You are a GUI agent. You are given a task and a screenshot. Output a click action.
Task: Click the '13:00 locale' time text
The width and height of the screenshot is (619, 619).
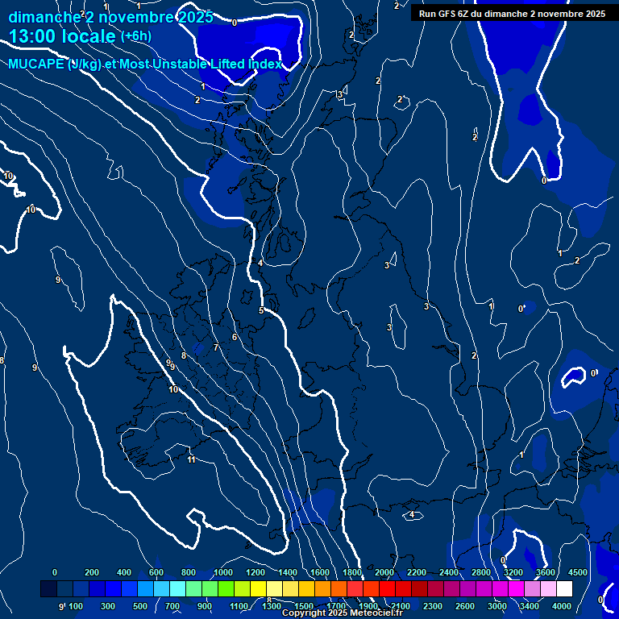[x=62, y=35]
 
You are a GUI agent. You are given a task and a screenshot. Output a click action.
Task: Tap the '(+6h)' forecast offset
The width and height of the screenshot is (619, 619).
[x=135, y=36]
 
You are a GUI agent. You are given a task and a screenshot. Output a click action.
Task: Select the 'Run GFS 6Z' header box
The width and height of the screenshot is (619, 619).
[x=512, y=14]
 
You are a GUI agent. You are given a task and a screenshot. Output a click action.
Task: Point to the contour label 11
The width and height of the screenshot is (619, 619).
[x=191, y=459]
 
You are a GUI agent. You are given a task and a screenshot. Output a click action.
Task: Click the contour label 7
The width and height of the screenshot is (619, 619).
[x=216, y=347]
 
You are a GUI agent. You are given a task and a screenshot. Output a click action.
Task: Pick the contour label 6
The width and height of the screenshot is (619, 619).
[x=235, y=337]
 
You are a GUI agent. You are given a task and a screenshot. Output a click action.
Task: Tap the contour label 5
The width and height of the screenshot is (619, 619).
[x=261, y=310]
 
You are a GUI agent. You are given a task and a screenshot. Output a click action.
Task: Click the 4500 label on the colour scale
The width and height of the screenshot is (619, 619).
[x=577, y=572]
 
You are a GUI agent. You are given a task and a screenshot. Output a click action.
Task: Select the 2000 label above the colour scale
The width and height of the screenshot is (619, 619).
[x=384, y=572]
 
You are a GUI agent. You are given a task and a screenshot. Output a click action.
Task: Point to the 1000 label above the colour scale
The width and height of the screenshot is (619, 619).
[x=223, y=572]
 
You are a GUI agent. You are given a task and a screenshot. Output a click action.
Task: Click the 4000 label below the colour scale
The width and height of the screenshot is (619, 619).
[x=562, y=606]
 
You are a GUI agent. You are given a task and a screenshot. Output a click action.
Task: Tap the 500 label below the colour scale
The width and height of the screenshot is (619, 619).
[x=140, y=606]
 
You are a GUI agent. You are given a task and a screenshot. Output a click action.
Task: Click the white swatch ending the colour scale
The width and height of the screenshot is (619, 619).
[x=565, y=589]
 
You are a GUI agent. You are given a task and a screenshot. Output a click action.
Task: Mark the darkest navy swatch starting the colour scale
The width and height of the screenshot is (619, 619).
[x=48, y=589]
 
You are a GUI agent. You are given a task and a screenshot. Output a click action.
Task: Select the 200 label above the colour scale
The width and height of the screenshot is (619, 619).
[x=91, y=572]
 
